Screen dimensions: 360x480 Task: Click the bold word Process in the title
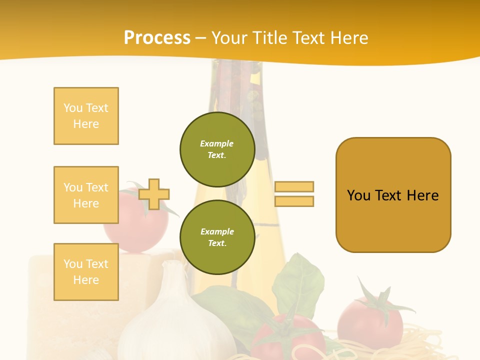click(157, 38)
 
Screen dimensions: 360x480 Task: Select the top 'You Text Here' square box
click(86, 116)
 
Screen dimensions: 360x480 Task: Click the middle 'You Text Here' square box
click(86, 195)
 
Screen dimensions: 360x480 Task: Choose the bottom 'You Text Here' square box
click(86, 271)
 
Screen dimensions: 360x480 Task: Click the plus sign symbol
click(154, 194)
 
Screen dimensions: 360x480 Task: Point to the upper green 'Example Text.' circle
click(217, 149)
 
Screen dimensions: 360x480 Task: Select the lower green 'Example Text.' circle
click(217, 237)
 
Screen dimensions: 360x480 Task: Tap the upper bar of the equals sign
click(294, 186)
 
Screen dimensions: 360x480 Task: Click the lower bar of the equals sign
click(294, 201)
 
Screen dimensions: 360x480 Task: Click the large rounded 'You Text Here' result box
click(393, 195)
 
